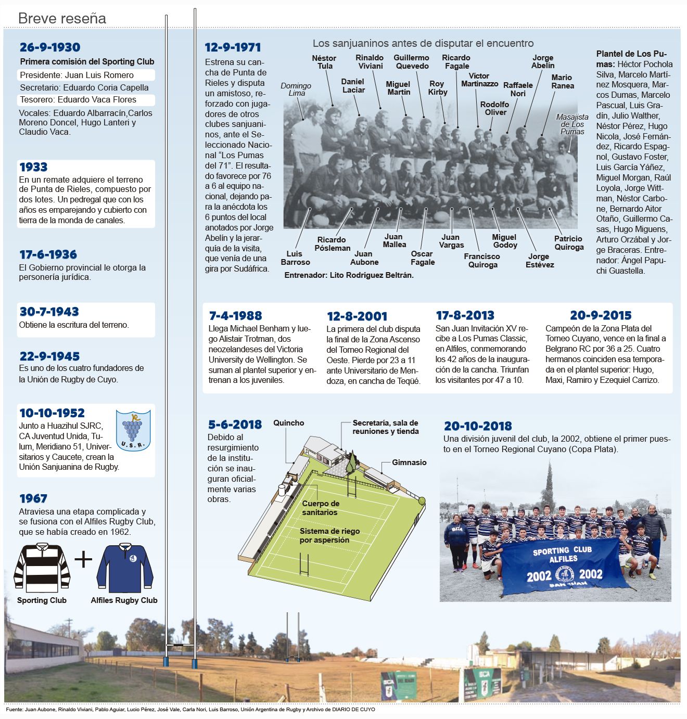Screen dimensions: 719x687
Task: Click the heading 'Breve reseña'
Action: pyautogui.click(x=62, y=19)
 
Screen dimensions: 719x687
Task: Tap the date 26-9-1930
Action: pyautogui.click(x=50, y=47)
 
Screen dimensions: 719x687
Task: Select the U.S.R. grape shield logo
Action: pyautogui.click(x=133, y=430)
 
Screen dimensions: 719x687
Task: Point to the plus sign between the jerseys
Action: pyautogui.click(x=83, y=560)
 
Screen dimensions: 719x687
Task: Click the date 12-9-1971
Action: pyautogui.click(x=233, y=47)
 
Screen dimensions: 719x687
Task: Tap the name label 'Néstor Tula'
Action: pyautogui.click(x=324, y=62)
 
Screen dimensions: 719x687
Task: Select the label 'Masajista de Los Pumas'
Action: pyautogui.click(x=572, y=124)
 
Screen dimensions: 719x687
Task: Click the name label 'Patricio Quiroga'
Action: pyautogui.click(x=568, y=242)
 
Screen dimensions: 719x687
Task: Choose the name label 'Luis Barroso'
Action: pyautogui.click(x=295, y=258)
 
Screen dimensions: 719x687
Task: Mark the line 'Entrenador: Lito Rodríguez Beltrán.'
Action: pyautogui.click(x=349, y=275)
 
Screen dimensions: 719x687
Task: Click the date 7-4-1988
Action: pyautogui.click(x=235, y=316)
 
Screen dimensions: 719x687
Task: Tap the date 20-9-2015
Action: pyautogui.click(x=601, y=315)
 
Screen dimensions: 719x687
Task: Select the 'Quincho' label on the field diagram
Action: pyautogui.click(x=289, y=423)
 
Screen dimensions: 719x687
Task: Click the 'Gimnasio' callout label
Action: pyautogui.click(x=409, y=462)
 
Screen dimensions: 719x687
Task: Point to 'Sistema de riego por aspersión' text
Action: pyautogui.click(x=329, y=535)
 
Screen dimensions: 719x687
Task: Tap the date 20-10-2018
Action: pyautogui.click(x=478, y=426)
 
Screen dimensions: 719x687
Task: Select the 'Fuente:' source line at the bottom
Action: pyautogui.click(x=190, y=710)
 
